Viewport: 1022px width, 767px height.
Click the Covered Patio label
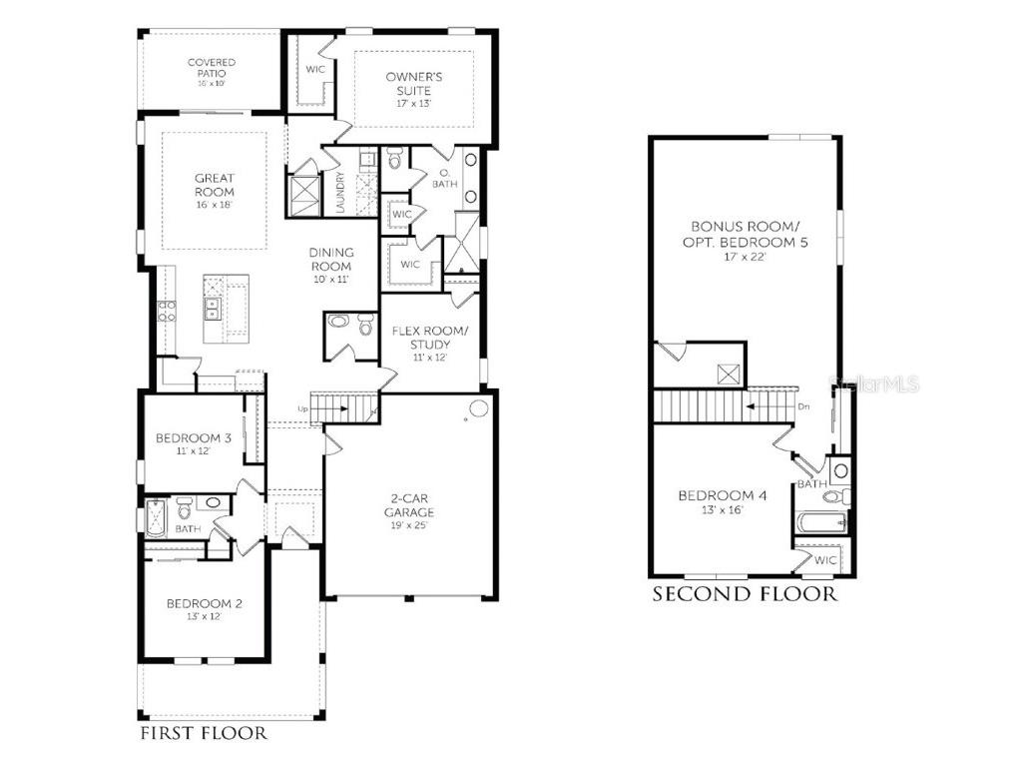212,69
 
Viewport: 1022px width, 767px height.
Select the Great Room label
215,185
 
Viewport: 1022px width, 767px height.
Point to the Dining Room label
331,260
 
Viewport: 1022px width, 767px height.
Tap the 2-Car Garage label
410,505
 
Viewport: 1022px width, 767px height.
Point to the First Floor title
203,734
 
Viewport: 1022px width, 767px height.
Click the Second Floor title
745,595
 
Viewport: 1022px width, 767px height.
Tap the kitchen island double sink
214,309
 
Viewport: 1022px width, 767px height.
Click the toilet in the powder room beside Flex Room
339,323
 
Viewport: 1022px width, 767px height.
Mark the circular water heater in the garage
478,408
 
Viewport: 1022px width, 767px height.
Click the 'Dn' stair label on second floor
804,406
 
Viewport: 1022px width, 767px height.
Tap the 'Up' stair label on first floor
302,408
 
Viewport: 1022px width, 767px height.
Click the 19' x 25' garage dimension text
410,525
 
